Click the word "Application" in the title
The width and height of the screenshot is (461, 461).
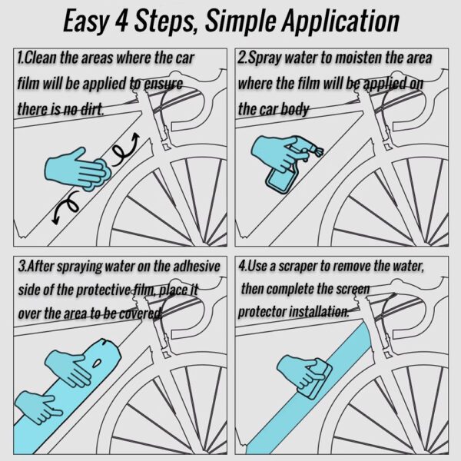click(340, 22)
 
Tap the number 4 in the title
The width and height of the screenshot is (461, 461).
click(121, 21)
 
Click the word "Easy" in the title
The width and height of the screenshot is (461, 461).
click(85, 22)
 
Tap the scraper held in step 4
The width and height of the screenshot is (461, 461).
click(316, 380)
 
